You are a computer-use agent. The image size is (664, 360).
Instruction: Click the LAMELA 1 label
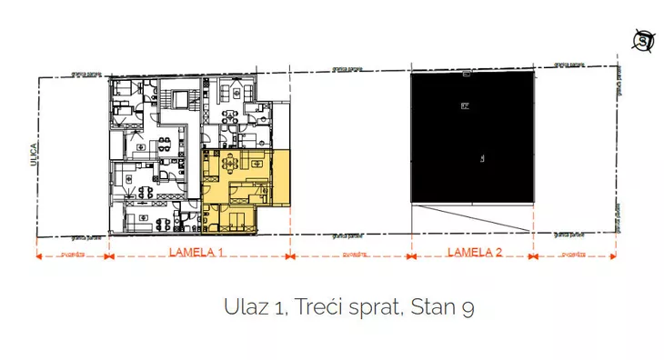tap(196, 255)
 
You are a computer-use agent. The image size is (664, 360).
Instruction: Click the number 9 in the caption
tap(468, 308)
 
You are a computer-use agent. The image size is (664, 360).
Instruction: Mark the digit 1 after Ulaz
tap(275, 308)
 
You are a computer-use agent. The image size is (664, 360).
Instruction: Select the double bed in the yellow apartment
tap(238, 218)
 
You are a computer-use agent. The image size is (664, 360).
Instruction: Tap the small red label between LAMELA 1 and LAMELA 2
tap(351, 255)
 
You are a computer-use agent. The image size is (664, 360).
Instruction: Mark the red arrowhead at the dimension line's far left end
tap(39, 256)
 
